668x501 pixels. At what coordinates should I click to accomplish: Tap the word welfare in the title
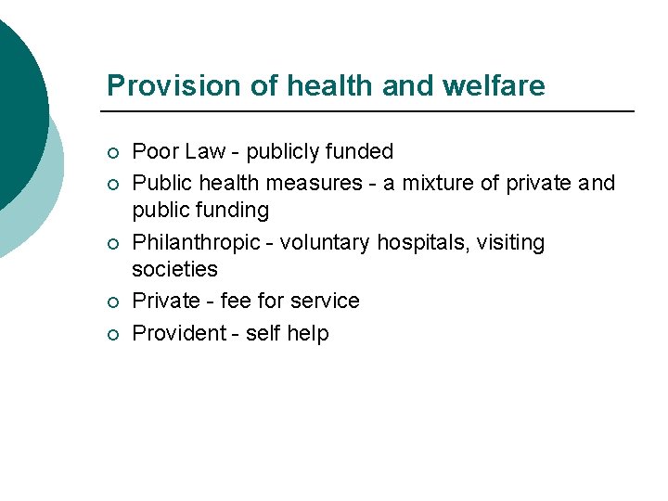tap(495, 85)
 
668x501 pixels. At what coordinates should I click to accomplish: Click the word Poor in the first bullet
tap(155, 151)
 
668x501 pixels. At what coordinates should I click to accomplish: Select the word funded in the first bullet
tap(357, 151)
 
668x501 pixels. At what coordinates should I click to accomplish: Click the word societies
tap(175, 269)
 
